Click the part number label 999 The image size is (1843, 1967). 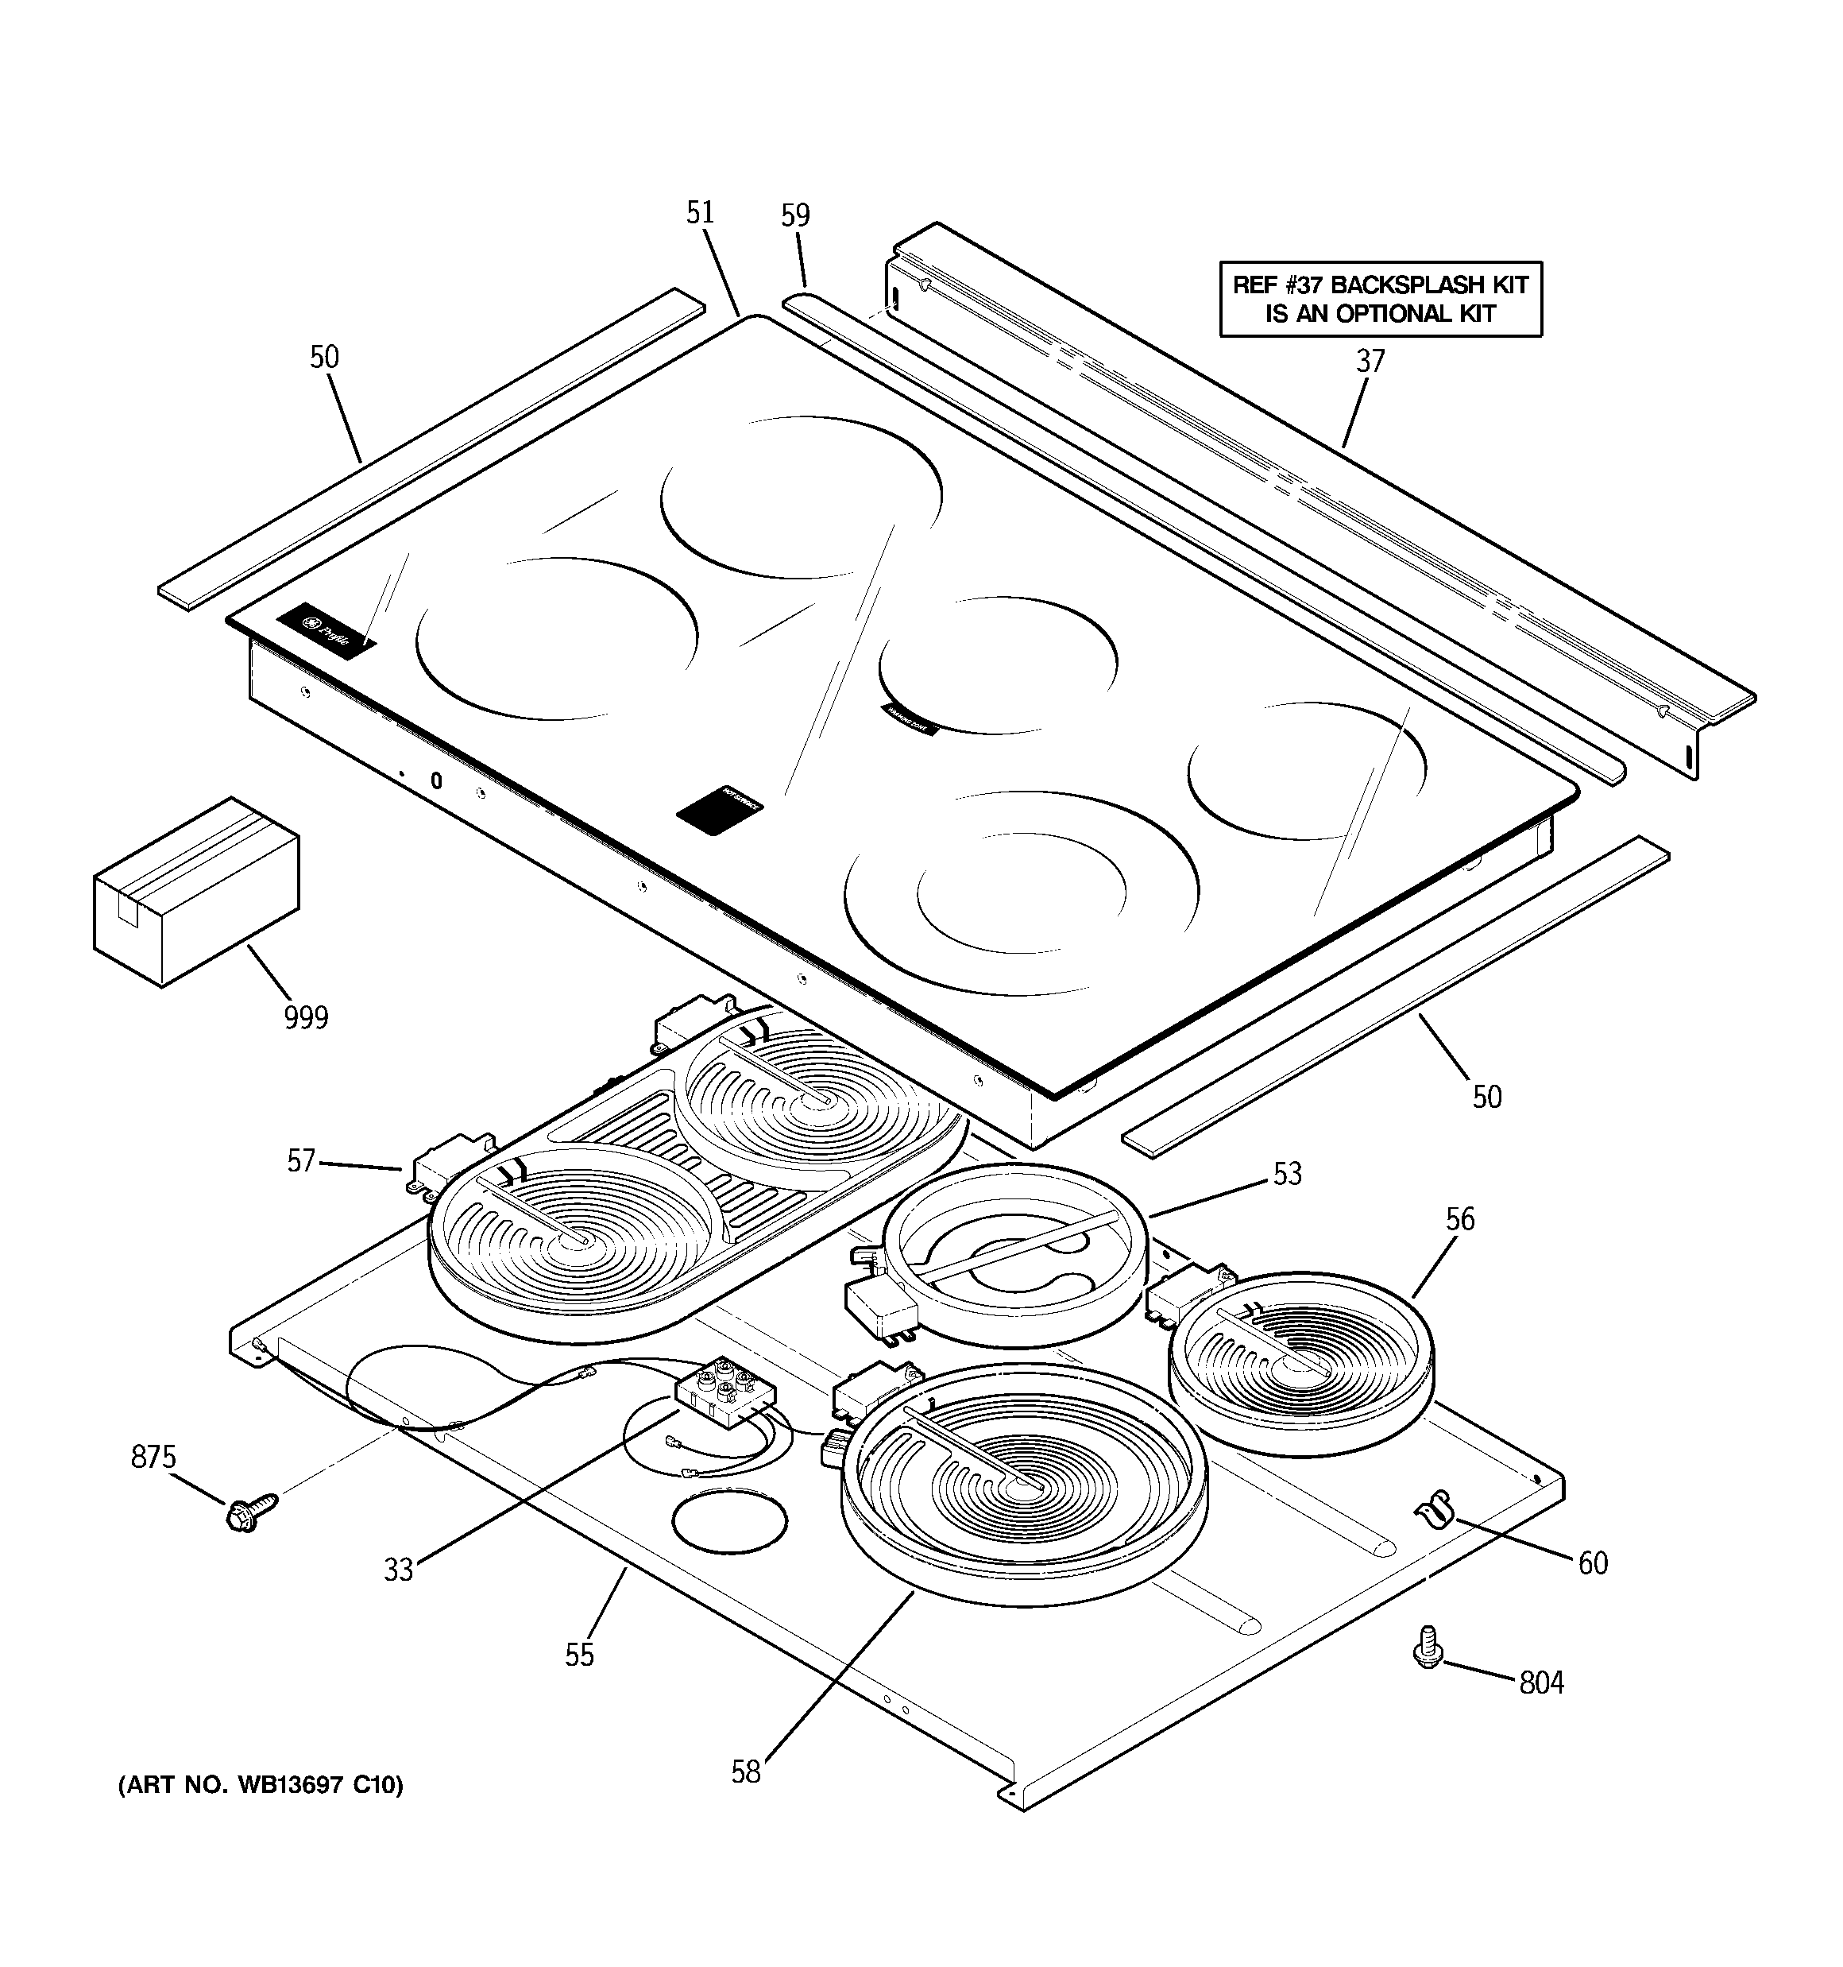(306, 1017)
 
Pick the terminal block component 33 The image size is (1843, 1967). (725, 1390)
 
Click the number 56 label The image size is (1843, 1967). (1460, 1219)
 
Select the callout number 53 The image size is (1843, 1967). (1287, 1174)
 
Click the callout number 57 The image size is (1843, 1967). (302, 1160)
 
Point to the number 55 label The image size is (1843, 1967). (580, 1655)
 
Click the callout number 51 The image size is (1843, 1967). (701, 213)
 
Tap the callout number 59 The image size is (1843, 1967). (795, 215)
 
